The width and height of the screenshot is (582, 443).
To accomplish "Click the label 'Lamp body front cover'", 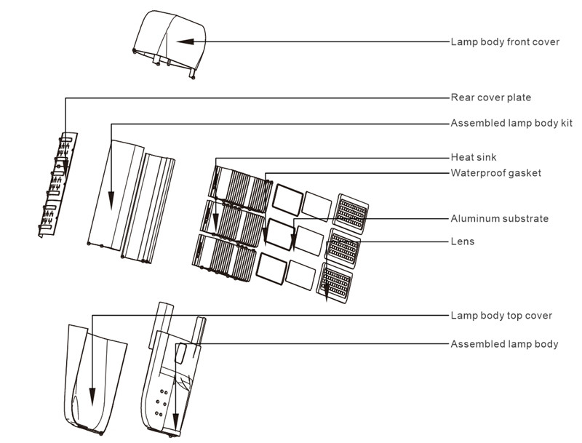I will [x=505, y=42].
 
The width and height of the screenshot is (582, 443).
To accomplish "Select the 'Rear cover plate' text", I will [x=490, y=97].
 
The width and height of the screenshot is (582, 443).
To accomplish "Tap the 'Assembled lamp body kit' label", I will [x=511, y=123].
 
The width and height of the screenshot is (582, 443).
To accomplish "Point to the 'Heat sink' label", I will [x=474, y=157].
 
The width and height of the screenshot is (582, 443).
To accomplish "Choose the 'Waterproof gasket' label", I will [x=495, y=173].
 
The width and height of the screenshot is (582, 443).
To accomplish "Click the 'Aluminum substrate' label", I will [x=499, y=218].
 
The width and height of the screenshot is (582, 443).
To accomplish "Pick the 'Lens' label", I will [x=463, y=242].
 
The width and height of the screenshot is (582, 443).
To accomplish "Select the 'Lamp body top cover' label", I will [x=501, y=316].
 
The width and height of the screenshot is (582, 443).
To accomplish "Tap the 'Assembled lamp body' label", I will [x=504, y=343].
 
